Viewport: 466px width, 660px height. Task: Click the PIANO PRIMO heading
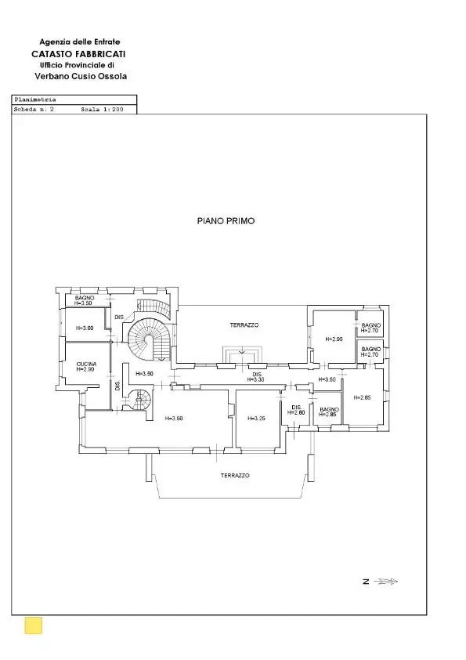point(226,221)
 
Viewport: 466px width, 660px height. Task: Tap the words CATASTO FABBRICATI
point(78,54)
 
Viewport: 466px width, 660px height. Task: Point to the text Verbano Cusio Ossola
point(81,76)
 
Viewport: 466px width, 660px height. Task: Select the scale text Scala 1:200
point(102,110)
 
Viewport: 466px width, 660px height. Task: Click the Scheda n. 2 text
point(34,110)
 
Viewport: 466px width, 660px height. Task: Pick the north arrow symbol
point(385,582)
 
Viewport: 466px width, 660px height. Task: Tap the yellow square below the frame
point(34,625)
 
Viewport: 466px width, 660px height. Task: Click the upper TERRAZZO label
point(244,325)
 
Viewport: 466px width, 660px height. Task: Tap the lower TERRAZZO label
point(235,475)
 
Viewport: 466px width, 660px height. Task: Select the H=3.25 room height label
point(257,419)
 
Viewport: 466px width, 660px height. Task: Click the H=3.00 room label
point(85,328)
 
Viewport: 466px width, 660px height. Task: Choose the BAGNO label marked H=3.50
point(84,300)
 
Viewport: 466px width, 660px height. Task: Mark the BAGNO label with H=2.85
point(329,412)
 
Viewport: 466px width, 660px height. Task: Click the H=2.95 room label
point(334,339)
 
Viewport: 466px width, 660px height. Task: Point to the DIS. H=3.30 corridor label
point(257,377)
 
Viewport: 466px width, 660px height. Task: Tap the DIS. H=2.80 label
point(296,410)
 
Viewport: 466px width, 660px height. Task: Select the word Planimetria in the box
point(35,100)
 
